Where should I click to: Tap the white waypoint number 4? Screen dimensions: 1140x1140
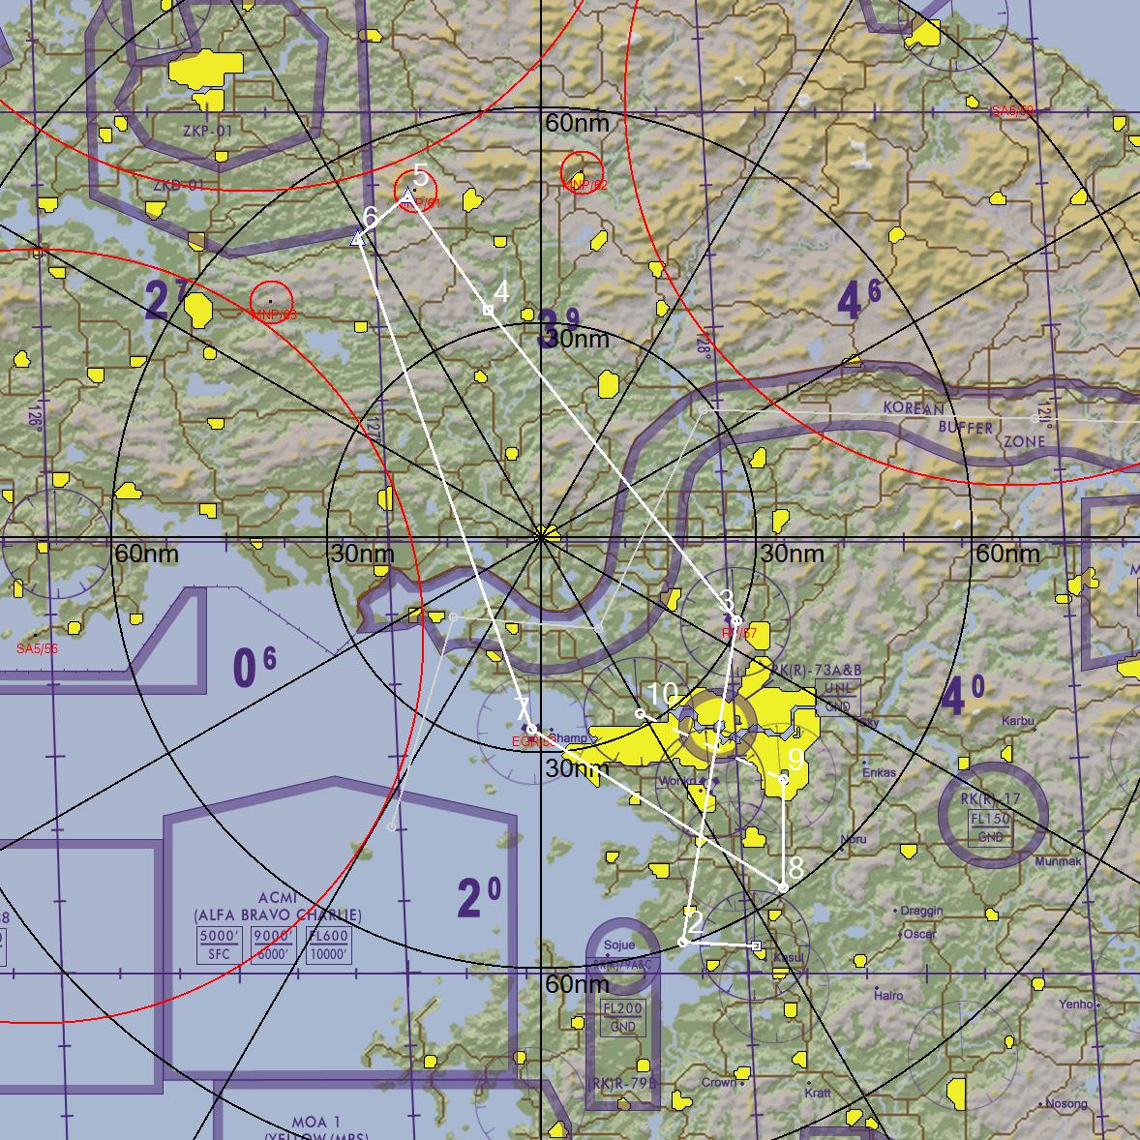[x=501, y=292]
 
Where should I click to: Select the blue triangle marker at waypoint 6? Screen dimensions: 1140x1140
[x=358, y=237]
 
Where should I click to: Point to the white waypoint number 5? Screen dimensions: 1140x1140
[x=420, y=175]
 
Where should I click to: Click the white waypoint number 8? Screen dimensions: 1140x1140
[x=795, y=866]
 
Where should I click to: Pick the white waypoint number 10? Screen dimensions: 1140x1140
[x=662, y=694]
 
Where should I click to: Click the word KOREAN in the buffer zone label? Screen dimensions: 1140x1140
[x=912, y=408]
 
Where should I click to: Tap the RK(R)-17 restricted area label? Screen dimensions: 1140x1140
[x=991, y=799]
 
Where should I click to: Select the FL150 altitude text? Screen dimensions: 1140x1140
[x=991, y=819]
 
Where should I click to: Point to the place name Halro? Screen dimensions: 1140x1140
[x=888, y=995]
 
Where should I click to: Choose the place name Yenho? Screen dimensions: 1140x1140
[x=1075, y=1005]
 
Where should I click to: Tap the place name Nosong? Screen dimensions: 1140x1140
[x=1066, y=1104]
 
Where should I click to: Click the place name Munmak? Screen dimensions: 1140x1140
[x=1058, y=860]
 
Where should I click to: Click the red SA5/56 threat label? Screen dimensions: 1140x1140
[x=37, y=648]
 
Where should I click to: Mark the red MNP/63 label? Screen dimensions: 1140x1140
[x=273, y=315]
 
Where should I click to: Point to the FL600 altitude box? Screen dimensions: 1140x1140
[x=327, y=937]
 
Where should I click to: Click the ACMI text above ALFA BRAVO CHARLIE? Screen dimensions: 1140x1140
[x=278, y=897]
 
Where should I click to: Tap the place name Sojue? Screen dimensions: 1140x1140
[x=619, y=945]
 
